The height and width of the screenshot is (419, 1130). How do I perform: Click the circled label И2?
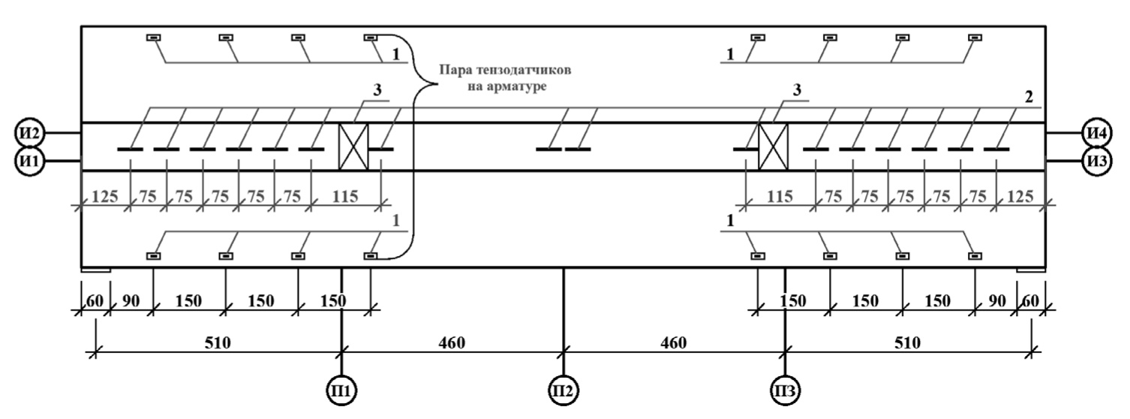click(x=30, y=133)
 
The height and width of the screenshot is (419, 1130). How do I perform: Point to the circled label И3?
click(x=1098, y=160)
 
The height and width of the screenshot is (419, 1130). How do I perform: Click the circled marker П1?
click(x=342, y=390)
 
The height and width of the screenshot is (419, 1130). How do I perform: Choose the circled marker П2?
click(x=563, y=390)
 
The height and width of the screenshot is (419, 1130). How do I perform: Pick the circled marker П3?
click(x=786, y=390)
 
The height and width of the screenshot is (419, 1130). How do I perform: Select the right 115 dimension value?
click(x=780, y=197)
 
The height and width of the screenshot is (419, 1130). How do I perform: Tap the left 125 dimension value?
click(x=106, y=197)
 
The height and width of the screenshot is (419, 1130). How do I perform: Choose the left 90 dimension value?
click(x=131, y=301)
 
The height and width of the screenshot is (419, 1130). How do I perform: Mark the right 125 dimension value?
click(x=1020, y=197)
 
